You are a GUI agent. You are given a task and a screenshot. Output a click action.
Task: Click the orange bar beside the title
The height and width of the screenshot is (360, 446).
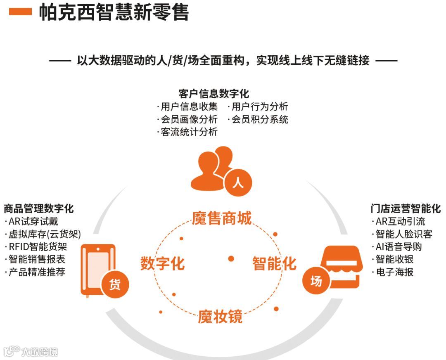pos(20,12)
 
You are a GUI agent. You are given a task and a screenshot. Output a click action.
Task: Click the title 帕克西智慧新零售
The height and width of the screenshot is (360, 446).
pos(114,12)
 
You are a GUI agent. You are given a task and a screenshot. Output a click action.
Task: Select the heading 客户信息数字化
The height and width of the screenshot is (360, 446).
pos(214,93)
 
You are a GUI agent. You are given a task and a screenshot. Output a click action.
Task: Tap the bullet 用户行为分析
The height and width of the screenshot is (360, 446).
pos(259,107)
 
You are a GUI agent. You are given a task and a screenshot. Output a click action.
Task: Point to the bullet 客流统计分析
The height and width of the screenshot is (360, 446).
pos(188,132)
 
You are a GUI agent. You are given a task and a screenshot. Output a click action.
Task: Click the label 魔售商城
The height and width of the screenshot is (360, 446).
pos(222,218)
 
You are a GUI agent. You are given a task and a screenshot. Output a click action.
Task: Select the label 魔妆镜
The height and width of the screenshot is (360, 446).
pos(220,317)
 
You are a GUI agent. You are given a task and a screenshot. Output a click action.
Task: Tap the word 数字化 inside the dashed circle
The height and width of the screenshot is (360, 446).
pos(162,263)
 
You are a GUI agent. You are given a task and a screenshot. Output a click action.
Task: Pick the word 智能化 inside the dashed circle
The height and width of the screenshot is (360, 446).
pos(274,263)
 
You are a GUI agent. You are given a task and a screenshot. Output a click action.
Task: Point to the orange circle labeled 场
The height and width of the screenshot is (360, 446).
pos(316,281)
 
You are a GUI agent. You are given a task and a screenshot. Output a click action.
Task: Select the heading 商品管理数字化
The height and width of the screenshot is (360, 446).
pos(39,208)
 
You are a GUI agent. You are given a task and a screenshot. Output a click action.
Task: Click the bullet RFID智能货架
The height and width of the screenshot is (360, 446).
pos(37,247)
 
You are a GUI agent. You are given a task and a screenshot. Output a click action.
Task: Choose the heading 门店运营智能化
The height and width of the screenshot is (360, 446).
pos(406,208)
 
